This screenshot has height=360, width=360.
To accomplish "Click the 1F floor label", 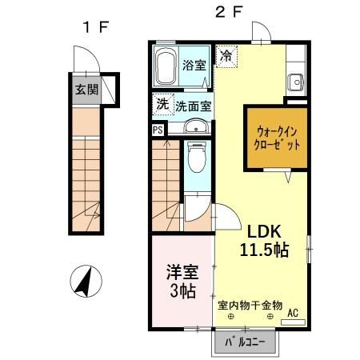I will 94,27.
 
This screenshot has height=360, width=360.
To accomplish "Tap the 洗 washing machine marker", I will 162,104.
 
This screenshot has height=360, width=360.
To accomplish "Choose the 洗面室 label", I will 193,105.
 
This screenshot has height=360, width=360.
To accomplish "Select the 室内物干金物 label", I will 250,305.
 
